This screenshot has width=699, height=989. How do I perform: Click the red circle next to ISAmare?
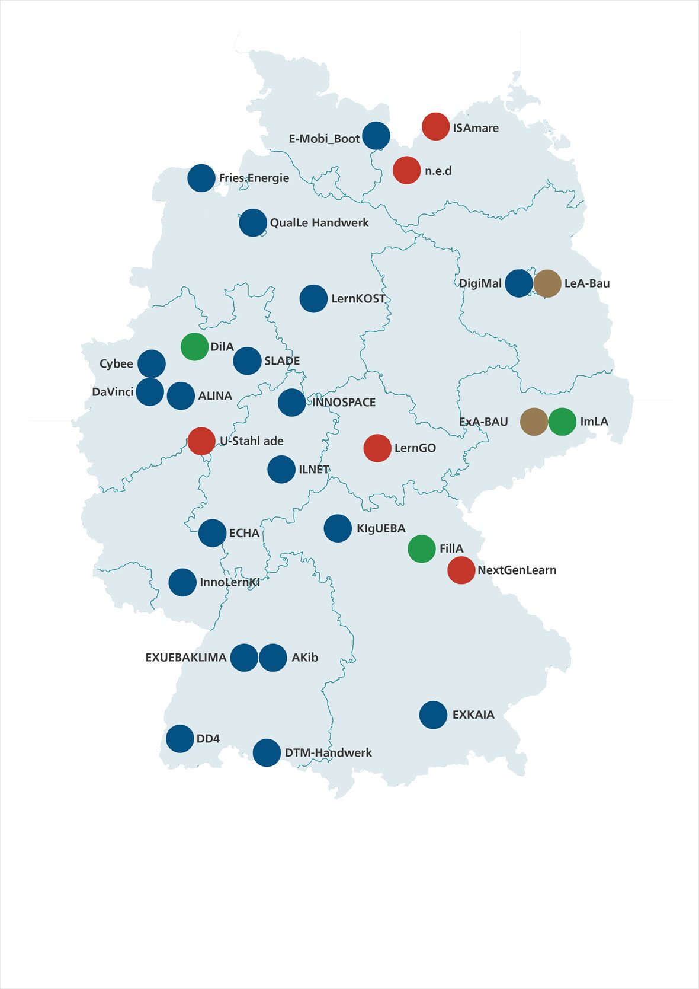pos(435,126)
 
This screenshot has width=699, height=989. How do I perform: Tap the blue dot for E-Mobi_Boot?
pos(376,136)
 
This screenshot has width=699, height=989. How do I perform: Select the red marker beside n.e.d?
pos(406,170)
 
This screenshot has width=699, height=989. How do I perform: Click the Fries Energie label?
pos(254,178)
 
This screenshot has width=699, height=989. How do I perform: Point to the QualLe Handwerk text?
pos(319,223)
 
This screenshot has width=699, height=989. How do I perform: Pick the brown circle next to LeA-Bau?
pos(547,283)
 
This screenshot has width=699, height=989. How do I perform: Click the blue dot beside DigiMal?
pos(519,283)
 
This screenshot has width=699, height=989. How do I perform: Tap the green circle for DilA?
pos(194,347)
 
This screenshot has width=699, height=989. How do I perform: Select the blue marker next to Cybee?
pos(152,364)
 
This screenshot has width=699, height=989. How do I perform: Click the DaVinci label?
pos(113,392)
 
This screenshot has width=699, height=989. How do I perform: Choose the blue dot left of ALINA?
pos(181,396)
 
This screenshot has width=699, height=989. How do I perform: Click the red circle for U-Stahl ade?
pos(201,441)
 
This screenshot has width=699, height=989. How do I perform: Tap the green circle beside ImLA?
pos(562,422)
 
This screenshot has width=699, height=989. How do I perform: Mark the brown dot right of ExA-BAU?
pos(534,422)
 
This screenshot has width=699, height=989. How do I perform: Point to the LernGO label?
pos(415,448)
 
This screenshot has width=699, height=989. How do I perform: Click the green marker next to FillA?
pos(422,548)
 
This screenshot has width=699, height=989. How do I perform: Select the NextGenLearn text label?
pos(517,570)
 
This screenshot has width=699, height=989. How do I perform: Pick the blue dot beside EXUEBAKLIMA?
pos(244,658)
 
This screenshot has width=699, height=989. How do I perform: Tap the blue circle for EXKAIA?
pos(433,715)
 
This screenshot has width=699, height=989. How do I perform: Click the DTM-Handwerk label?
pos(328,753)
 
